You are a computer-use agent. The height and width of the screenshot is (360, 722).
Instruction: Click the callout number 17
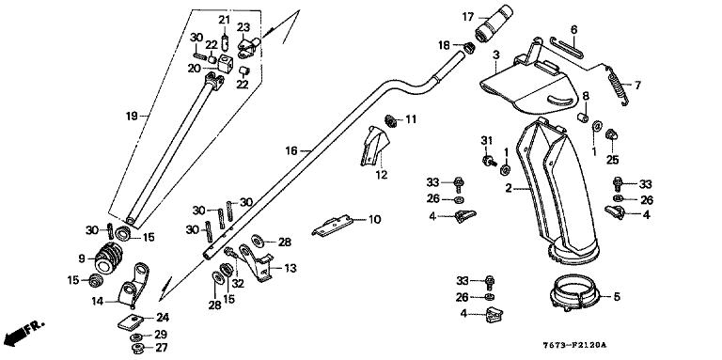[468, 18]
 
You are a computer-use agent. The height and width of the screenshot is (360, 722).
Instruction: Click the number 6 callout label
[573, 29]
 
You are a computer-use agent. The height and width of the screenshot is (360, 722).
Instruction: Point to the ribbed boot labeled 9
[106, 258]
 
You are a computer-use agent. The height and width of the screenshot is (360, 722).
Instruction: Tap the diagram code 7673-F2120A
[573, 345]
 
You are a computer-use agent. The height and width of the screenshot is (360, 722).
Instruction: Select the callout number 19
[132, 116]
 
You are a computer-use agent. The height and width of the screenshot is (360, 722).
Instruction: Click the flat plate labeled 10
[333, 225]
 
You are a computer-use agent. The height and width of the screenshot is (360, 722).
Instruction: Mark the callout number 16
[291, 150]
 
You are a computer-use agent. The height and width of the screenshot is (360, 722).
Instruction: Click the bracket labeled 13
[256, 262]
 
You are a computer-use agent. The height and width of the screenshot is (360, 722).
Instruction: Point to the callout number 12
[382, 175]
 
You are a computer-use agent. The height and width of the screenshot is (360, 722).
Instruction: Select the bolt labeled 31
[488, 160]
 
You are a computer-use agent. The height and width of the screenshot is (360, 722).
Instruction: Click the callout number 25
[612, 160]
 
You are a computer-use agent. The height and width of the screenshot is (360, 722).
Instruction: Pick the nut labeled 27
[136, 348]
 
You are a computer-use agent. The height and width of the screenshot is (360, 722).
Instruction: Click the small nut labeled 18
[468, 47]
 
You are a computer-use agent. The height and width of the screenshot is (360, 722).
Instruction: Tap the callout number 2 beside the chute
[509, 188]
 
